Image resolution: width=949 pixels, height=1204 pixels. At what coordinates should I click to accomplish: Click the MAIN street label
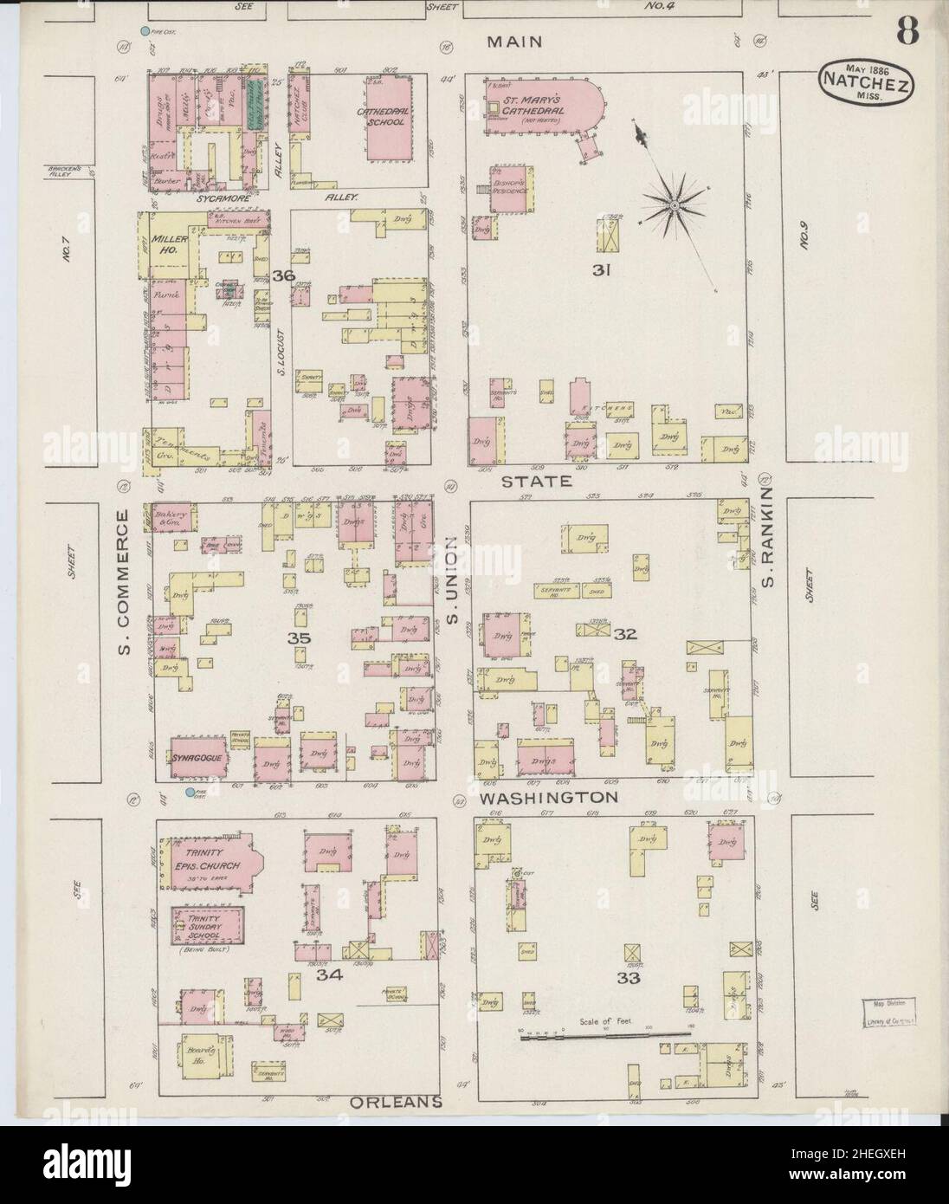pyautogui.click(x=514, y=42)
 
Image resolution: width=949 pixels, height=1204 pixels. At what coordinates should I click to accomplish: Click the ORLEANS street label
pyautogui.click(x=397, y=1102)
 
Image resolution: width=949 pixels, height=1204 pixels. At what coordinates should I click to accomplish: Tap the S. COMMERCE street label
pyautogui.click(x=123, y=580)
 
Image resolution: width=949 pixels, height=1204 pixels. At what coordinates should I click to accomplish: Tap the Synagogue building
pyautogui.click(x=198, y=758)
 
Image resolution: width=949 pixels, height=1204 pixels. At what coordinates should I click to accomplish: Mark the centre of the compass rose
pyautogui.click(x=674, y=204)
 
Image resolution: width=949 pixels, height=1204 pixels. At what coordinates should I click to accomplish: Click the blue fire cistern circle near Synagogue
pyautogui.click(x=190, y=792)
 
